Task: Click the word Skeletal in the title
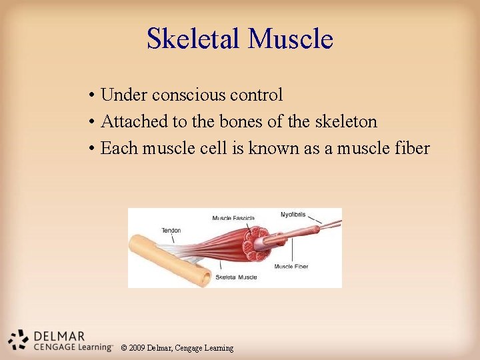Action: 194,39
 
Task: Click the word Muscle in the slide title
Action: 290,39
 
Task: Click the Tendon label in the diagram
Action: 171,231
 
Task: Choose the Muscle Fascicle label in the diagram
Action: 233,218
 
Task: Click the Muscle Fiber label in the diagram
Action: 291,267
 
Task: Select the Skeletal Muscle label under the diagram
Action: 236,277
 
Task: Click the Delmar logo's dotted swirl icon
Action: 19,339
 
